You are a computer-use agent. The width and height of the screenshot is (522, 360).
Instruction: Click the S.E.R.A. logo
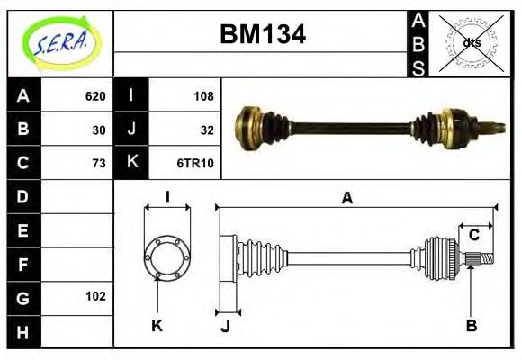60,42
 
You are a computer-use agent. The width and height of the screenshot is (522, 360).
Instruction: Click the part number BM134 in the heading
263,34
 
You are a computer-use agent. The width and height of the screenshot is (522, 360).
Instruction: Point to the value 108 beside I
203,96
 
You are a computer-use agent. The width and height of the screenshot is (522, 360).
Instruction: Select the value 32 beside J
207,130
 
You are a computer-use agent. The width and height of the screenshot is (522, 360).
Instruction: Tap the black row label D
23,196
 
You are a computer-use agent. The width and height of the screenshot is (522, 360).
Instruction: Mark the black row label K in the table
131,163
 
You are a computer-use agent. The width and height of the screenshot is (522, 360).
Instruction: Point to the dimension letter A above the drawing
346,198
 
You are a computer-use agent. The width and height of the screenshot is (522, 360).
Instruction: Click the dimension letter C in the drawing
473,236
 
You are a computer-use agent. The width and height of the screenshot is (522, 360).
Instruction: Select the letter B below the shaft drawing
471,325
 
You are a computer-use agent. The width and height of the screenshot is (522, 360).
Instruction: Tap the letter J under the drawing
226,326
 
